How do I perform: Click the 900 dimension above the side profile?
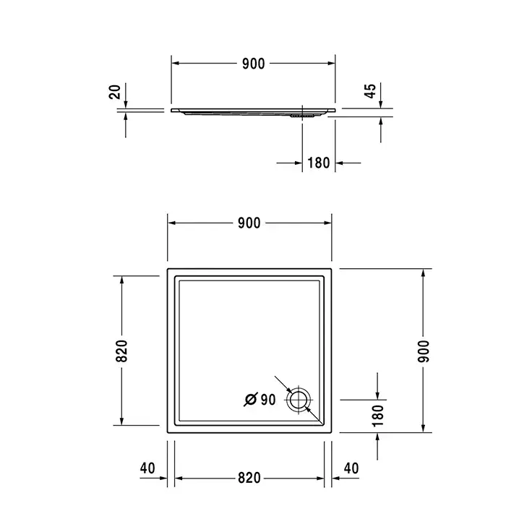(253, 64)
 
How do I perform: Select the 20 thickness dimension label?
(115, 92)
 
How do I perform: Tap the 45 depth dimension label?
(370, 90)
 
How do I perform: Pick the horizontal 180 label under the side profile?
(319, 163)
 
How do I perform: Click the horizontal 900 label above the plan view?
(249, 223)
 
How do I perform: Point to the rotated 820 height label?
(121, 351)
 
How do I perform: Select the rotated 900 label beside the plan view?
(424, 351)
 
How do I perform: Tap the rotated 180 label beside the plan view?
(377, 416)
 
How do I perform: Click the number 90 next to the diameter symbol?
(268, 400)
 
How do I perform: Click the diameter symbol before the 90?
(251, 400)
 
